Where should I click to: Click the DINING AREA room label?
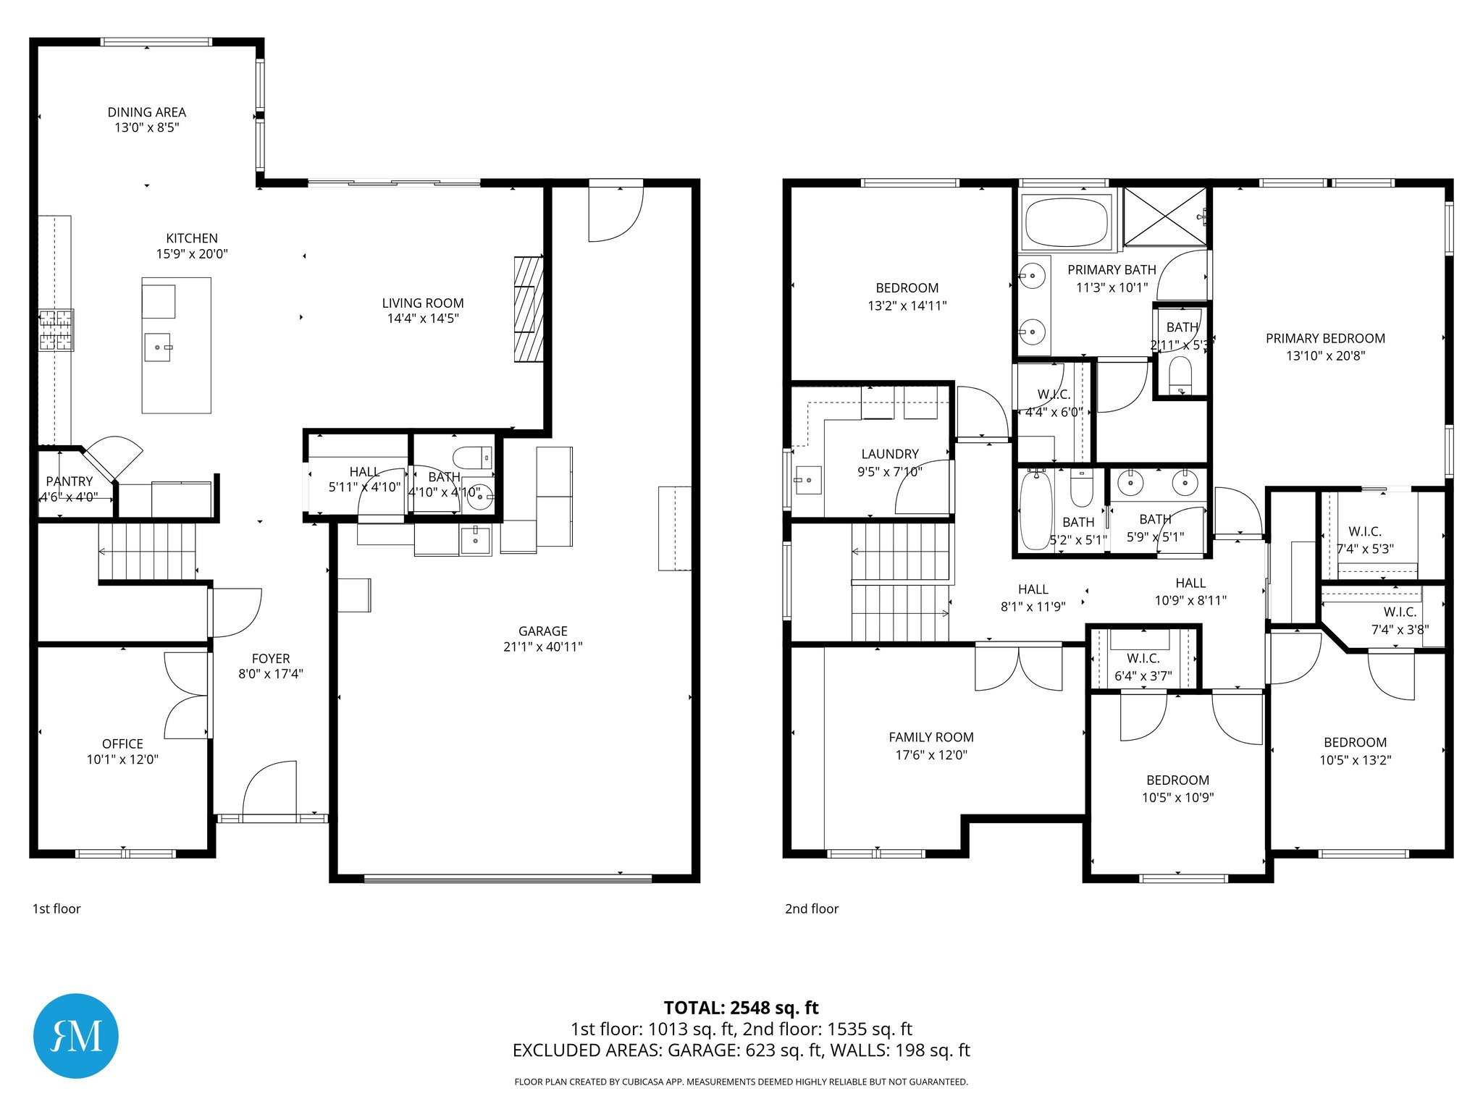[x=147, y=112]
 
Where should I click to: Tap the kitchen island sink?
[x=158, y=347]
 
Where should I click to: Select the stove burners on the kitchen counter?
[x=56, y=330]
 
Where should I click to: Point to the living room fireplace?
[x=529, y=309]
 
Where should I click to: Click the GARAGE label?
[x=543, y=631]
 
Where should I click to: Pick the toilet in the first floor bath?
[x=471, y=458]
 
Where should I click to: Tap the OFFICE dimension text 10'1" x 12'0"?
[x=122, y=759]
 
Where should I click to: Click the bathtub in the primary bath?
[x=1067, y=222]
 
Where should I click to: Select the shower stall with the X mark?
[x=1164, y=216]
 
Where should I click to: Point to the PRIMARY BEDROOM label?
[x=1325, y=338]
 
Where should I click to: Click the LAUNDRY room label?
[x=890, y=454]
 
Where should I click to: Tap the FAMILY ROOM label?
[x=931, y=737]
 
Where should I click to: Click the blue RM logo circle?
[x=76, y=1035]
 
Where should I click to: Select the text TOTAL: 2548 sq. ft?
[x=741, y=1008]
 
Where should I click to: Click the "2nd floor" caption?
[x=812, y=909]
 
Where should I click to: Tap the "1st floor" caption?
[x=56, y=909]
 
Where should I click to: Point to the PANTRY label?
[x=70, y=481]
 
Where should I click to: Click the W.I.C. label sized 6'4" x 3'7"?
[x=1143, y=658]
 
